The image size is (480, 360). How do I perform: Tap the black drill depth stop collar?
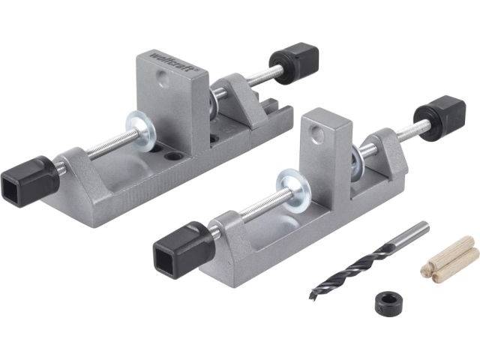coord(389,303)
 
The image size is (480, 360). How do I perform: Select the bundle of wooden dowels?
coord(449,259)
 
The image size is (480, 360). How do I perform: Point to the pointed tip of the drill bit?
coord(312,297)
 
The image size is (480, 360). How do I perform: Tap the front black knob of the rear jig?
coord(30,181)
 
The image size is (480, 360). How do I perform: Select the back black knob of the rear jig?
coord(294,63)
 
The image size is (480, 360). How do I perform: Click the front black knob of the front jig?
coord(184,250)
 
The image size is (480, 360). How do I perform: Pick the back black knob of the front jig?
coord(440,118)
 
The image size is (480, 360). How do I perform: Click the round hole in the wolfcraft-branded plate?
coord(163,78)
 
